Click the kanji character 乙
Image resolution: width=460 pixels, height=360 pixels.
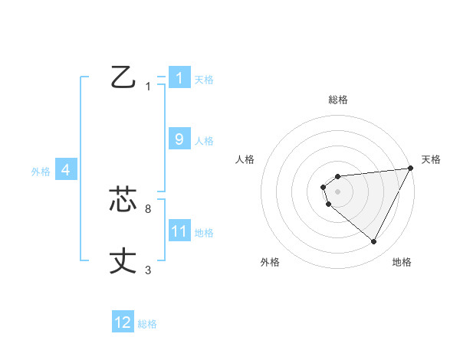click(x=123, y=77)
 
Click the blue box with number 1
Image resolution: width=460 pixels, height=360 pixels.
click(x=179, y=77)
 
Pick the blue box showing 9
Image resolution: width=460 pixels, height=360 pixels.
click(x=179, y=139)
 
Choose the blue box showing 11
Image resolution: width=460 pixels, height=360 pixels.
click(x=179, y=231)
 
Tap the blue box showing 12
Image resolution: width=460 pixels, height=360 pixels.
click(x=123, y=322)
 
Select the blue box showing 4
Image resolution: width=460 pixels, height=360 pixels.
click(x=66, y=170)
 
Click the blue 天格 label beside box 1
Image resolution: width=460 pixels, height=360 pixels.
click(x=204, y=79)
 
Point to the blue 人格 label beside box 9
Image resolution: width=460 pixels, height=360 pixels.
click(x=204, y=141)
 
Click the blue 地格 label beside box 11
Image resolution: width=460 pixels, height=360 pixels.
click(x=204, y=233)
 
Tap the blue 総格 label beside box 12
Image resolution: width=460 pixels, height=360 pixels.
click(x=147, y=324)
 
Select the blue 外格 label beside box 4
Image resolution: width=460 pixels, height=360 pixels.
click(x=41, y=172)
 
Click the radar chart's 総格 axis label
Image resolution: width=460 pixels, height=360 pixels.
click(x=337, y=100)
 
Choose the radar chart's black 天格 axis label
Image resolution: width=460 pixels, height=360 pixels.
click(x=431, y=159)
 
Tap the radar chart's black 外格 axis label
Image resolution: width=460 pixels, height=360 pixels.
click(x=269, y=262)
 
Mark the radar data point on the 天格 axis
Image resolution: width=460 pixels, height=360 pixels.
click(x=411, y=168)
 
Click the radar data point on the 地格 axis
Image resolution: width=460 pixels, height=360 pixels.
click(x=374, y=242)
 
